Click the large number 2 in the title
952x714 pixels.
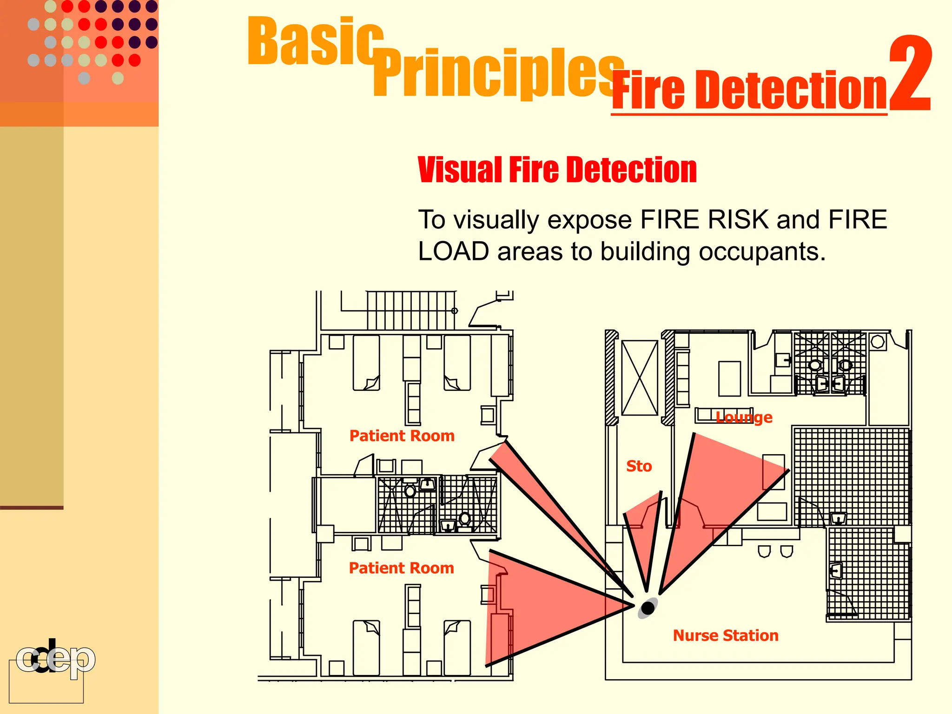(x=910, y=74)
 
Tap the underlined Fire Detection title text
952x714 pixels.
(x=749, y=91)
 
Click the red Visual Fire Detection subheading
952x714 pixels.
(x=557, y=170)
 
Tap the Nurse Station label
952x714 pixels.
(x=725, y=635)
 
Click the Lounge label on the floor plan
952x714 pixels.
(x=744, y=417)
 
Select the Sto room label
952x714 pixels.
(x=639, y=466)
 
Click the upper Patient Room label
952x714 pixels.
(x=402, y=436)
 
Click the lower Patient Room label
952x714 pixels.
(x=401, y=568)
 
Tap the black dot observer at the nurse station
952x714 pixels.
(x=648, y=608)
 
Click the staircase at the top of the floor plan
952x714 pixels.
(x=411, y=310)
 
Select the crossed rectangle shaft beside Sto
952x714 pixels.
(x=640, y=377)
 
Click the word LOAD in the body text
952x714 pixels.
(x=453, y=251)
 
